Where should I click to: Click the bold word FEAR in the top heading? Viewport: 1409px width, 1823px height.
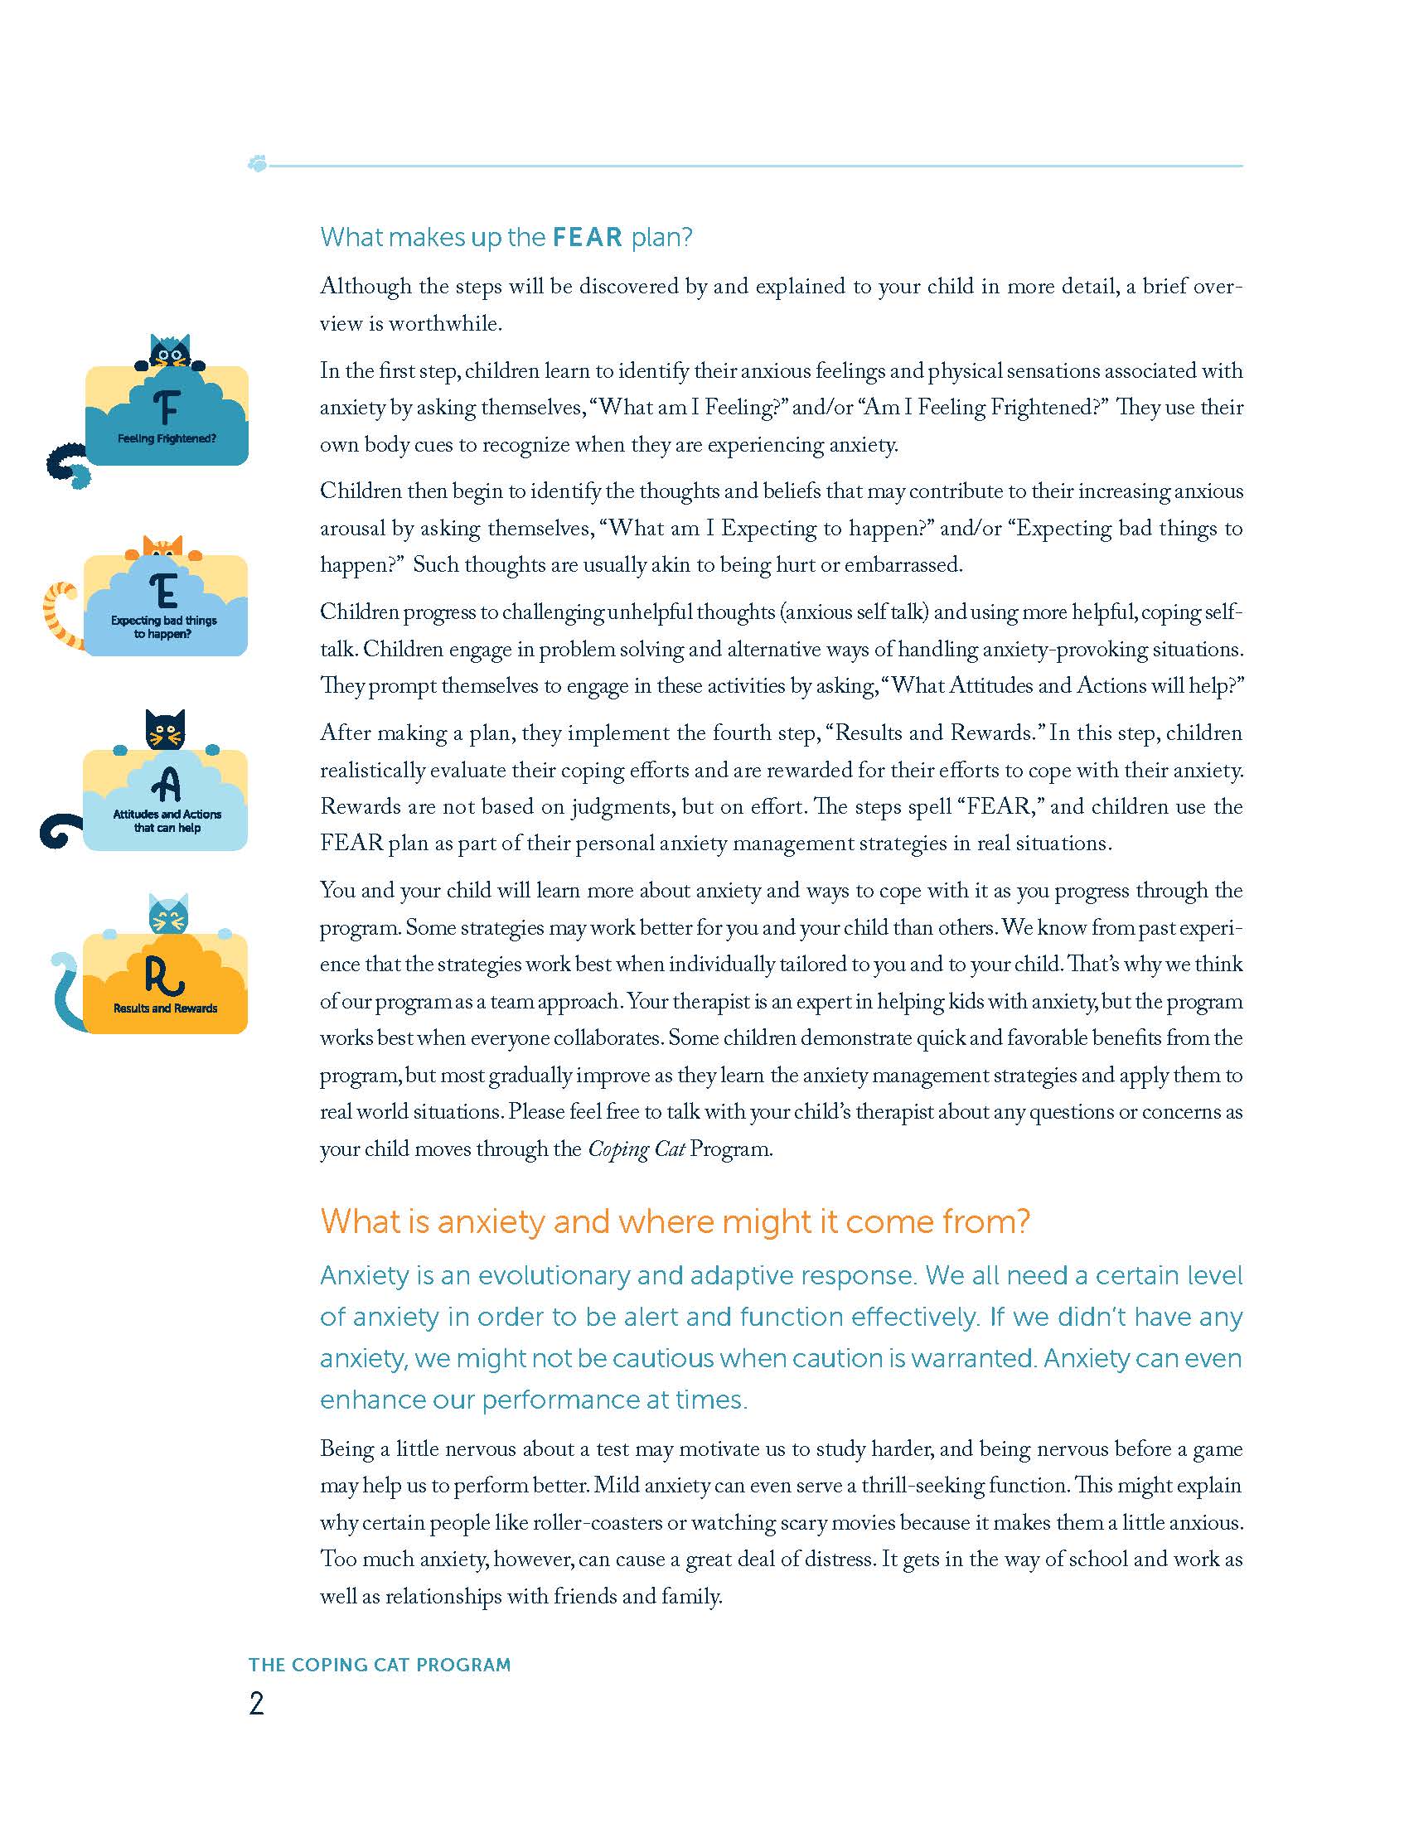(588, 238)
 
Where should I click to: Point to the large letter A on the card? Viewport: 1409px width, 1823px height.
(167, 784)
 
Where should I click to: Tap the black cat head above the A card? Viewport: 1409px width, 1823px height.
(165, 730)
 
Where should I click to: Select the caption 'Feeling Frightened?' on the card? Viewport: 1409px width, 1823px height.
(167, 439)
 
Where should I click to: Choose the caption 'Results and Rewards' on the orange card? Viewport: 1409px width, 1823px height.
(165, 1008)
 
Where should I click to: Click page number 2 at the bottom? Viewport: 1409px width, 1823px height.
(256, 1704)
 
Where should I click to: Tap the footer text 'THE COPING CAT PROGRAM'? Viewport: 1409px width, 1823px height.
(380, 1665)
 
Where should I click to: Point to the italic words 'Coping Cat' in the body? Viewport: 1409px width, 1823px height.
(636, 1149)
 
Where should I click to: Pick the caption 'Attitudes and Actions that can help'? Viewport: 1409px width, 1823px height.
(167, 821)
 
